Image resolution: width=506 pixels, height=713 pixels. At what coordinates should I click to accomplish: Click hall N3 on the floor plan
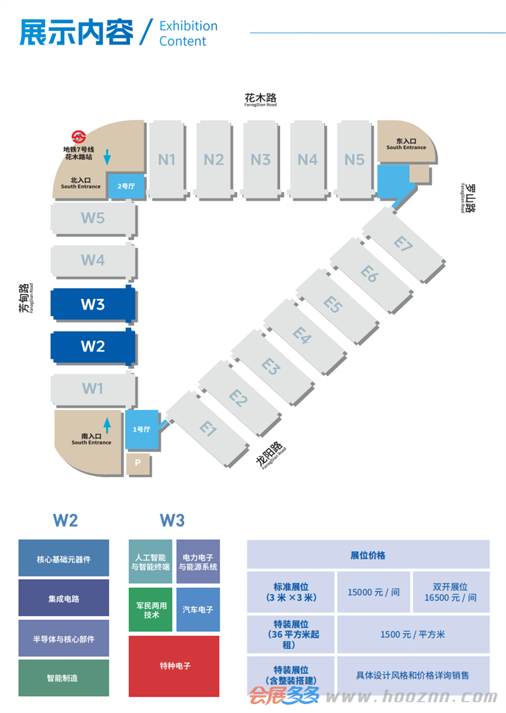261,160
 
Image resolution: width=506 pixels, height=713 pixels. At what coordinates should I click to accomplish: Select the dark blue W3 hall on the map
93,304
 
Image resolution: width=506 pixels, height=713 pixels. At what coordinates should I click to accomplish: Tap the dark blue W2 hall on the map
93,346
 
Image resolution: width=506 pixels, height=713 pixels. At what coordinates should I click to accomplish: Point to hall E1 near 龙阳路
207,429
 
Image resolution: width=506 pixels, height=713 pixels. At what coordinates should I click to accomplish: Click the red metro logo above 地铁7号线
78,137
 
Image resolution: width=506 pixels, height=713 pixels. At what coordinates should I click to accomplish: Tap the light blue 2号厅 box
126,186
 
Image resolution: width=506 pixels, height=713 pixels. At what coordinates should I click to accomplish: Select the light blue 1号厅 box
142,429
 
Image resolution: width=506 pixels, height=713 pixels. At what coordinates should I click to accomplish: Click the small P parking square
138,463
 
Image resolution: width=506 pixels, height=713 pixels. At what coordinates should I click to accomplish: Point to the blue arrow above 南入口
107,425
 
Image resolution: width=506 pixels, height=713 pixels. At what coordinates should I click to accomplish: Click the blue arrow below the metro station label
107,157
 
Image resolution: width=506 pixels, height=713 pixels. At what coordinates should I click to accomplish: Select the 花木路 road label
261,98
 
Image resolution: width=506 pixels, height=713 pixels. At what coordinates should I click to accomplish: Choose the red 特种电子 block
175,666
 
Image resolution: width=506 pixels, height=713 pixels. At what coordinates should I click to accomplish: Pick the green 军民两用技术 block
151,610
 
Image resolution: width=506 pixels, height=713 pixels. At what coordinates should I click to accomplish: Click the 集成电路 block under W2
64,599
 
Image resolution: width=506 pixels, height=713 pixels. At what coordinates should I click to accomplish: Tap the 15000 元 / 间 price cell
374,592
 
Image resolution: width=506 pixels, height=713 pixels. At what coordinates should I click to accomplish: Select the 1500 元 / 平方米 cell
413,635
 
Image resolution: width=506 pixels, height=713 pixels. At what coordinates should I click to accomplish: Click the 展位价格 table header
368,555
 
